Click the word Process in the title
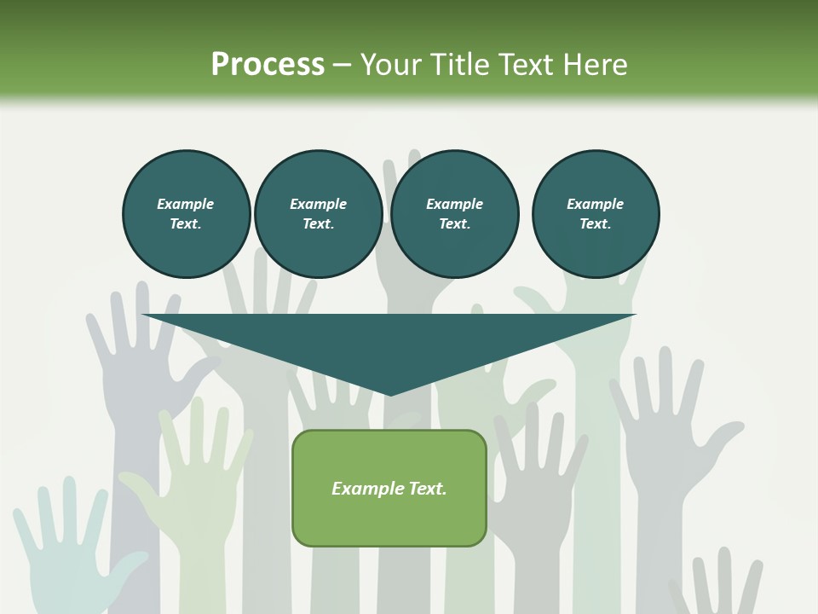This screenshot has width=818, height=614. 268,65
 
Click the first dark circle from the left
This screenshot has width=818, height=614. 186,214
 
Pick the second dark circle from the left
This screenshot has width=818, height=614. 318,214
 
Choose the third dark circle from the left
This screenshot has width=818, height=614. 454,214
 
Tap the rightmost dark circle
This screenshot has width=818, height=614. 595,214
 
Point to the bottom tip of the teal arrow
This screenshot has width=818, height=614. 390,394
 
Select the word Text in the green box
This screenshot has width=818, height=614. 426,489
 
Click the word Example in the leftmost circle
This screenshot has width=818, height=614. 186,204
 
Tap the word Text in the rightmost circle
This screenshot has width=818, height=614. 595,224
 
